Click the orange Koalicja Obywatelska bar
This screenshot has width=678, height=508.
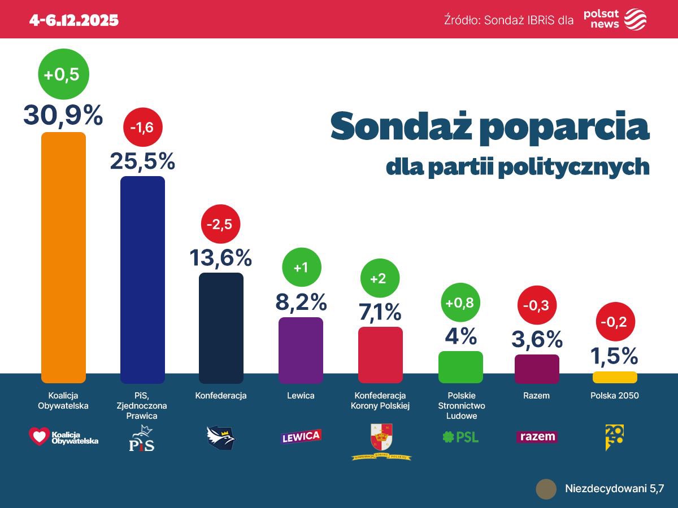[63, 257]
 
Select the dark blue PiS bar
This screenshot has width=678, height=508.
[142, 279]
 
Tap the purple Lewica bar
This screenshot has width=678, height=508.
[301, 350]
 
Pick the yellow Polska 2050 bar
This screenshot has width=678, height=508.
[614, 377]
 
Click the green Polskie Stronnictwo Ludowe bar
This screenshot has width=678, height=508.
[460, 367]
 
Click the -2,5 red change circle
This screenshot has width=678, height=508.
[221, 224]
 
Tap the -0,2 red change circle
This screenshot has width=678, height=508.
[616, 321]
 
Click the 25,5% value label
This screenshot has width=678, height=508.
[142, 161]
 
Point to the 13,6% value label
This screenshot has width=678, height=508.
[220, 258]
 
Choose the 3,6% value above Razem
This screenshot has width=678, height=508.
[537, 339]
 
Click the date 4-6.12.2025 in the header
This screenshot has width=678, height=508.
[74, 20]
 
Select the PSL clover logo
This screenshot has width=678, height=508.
[449, 437]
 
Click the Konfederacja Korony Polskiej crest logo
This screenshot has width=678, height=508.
[381, 438]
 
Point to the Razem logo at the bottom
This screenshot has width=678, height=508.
[537, 437]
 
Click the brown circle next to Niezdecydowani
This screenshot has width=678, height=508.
[546, 489]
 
